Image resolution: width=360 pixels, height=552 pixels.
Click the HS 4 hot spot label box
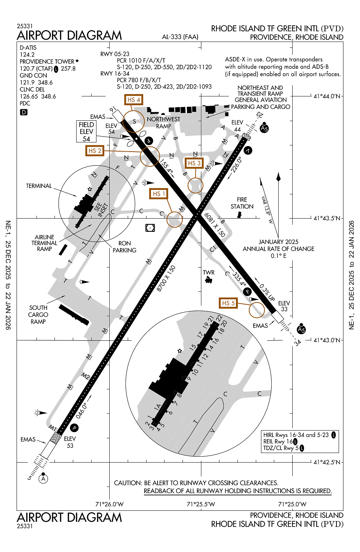click(133, 100)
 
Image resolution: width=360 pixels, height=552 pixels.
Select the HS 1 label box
click(159, 194)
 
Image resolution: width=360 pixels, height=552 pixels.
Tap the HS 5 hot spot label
click(228, 303)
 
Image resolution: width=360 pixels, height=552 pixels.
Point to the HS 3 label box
click(194, 163)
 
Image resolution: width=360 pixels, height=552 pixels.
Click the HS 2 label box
click(95, 151)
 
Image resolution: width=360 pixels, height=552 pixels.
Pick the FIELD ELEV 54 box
click(87, 132)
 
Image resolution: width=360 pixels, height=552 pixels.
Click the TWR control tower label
click(208, 273)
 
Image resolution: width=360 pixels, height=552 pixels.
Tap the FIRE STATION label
click(242, 203)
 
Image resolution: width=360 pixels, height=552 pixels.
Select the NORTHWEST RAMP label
click(163, 123)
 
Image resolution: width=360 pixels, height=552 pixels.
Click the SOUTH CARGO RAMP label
click(38, 315)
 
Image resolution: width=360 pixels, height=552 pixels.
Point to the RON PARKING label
click(124, 247)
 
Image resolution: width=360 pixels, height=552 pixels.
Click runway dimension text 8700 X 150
click(166, 279)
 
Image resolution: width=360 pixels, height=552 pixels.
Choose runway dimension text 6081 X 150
click(215, 224)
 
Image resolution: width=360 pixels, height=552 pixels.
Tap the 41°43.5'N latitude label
click(327, 218)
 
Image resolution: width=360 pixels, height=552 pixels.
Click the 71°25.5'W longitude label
click(201, 504)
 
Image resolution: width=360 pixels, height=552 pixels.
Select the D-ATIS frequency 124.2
click(27, 54)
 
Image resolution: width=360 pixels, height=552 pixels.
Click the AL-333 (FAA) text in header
click(180, 37)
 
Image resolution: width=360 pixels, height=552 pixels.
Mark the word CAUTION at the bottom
click(128, 483)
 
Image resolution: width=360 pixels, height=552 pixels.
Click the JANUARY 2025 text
click(278, 242)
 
